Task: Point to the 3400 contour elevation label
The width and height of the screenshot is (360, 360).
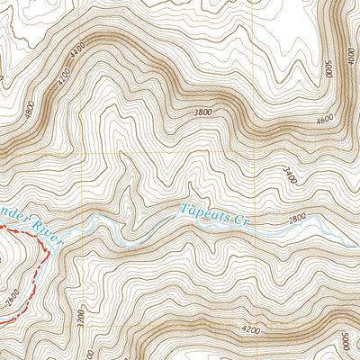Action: [289, 175]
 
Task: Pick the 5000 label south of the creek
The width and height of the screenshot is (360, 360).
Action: [346, 345]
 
